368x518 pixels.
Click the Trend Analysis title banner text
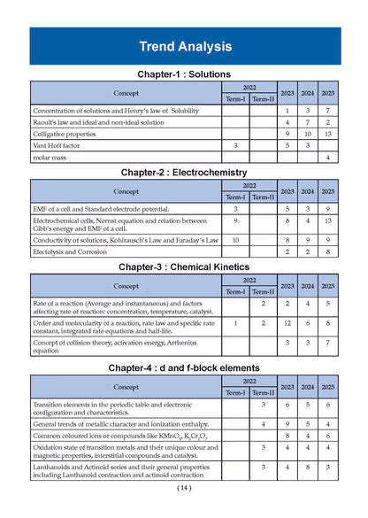pyautogui.click(x=185, y=46)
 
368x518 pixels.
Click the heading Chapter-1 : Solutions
pyautogui.click(x=185, y=74)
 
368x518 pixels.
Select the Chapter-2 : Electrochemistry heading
pyautogui.click(x=185, y=172)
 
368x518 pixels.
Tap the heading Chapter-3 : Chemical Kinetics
pyautogui.click(x=185, y=267)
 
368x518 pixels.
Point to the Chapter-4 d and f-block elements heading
pyautogui.click(x=185, y=367)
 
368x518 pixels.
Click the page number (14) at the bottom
pyautogui.click(x=184, y=488)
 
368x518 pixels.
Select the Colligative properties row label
pyautogui.click(x=61, y=133)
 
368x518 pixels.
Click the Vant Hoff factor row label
pyautogui.click(x=53, y=145)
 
